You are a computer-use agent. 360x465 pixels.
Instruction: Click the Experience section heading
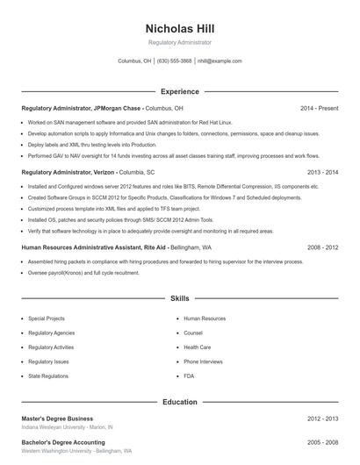(x=179, y=91)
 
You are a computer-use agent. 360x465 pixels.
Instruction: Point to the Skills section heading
(x=179, y=299)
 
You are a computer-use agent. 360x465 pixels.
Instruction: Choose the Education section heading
(x=179, y=402)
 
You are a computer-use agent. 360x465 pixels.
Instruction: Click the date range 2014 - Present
(x=319, y=108)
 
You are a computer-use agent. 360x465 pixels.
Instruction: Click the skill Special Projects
(x=46, y=319)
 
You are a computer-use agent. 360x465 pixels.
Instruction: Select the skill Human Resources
(x=205, y=319)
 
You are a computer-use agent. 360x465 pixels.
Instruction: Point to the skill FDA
(x=189, y=376)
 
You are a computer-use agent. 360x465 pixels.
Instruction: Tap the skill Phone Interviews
(x=204, y=361)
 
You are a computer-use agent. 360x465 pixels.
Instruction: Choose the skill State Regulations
(x=47, y=376)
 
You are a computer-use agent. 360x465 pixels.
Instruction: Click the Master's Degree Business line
(x=57, y=419)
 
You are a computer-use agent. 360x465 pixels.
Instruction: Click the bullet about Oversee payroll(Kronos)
(x=83, y=273)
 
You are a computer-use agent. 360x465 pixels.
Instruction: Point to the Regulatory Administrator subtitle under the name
(x=179, y=42)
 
